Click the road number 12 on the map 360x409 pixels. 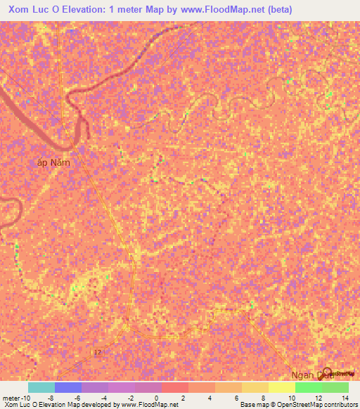click(x=98, y=351)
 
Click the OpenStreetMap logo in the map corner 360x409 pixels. click(x=341, y=373)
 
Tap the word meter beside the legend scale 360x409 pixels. click(x=11, y=398)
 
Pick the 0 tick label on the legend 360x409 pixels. click(x=157, y=398)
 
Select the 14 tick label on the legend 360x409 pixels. click(x=345, y=398)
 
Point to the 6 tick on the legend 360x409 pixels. click(x=237, y=398)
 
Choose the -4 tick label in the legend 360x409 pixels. click(x=104, y=398)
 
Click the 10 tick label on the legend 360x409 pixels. click(x=291, y=398)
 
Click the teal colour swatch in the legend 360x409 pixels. click(x=41, y=387)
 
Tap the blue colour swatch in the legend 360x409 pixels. click(x=68, y=387)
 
